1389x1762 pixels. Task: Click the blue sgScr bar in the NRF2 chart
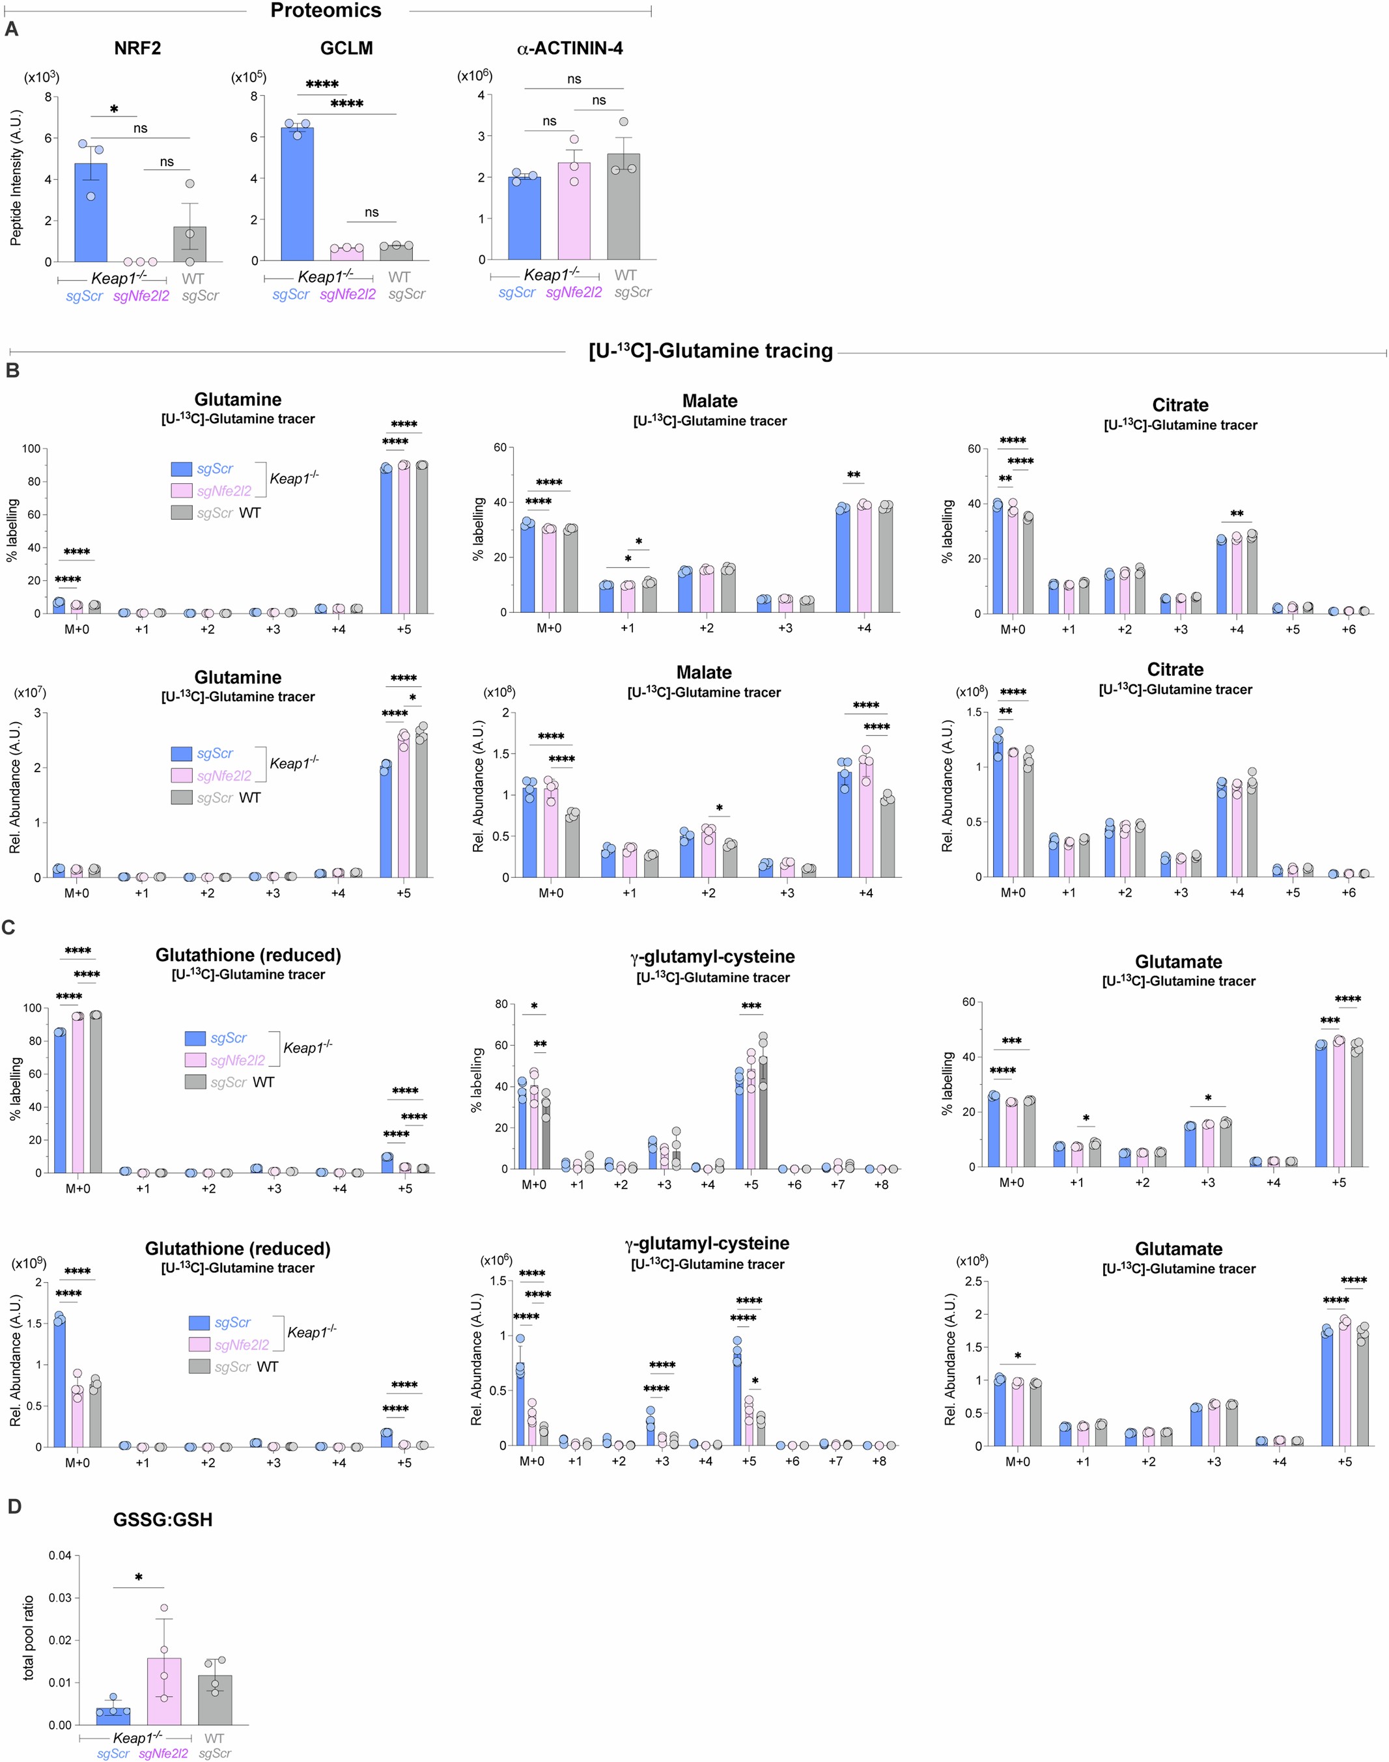click(91, 213)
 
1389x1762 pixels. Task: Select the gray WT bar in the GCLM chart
click(396, 252)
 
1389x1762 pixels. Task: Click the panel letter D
click(14, 1507)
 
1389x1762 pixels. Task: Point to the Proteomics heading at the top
click(326, 10)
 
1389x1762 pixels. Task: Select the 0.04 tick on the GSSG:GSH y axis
click(59, 1556)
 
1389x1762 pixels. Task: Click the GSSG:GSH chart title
click(163, 1520)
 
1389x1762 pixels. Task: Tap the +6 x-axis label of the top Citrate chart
click(1349, 630)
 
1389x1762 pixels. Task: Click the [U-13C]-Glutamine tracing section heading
click(710, 350)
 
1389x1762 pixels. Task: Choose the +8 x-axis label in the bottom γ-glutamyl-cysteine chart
click(879, 1461)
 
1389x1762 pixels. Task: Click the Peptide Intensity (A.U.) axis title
click(16, 177)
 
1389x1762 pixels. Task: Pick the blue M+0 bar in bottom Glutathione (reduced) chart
click(59, 1382)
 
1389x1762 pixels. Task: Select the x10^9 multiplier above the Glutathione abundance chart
click(29, 1263)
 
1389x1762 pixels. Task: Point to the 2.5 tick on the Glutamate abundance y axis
click(973, 1282)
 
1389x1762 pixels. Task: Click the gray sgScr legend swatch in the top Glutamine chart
click(181, 513)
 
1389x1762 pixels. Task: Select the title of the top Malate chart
click(710, 401)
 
